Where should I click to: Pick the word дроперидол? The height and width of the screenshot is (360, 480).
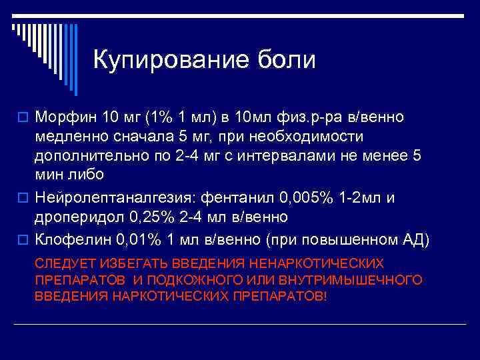[x=75, y=217]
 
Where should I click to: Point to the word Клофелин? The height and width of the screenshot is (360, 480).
[x=71, y=238]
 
